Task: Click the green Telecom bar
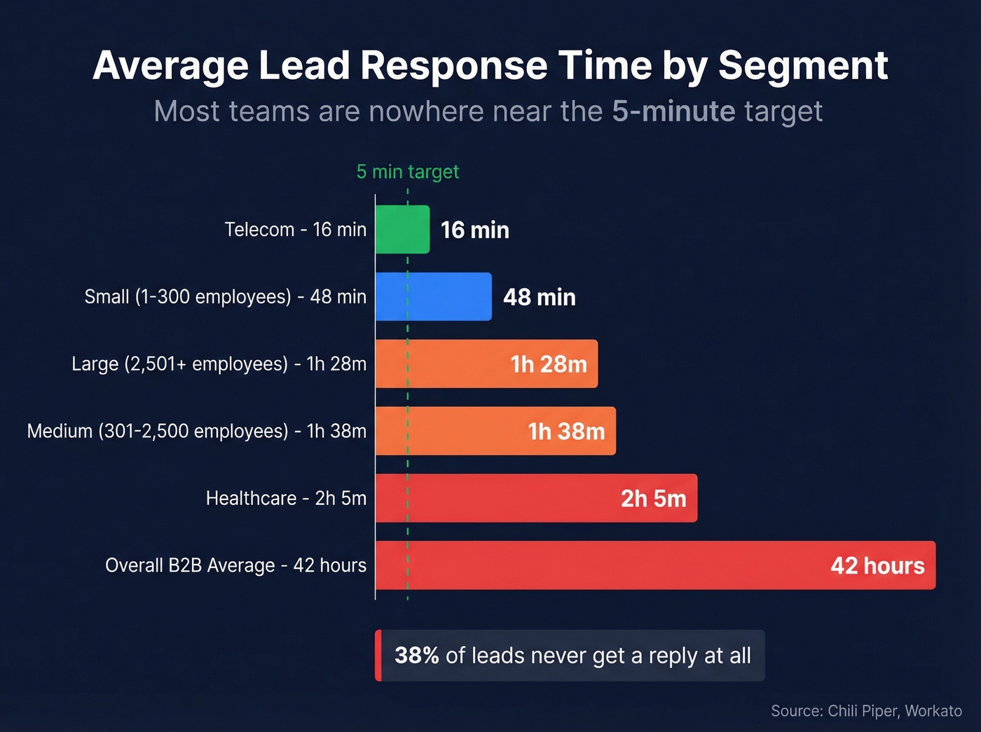tap(402, 230)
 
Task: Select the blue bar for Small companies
tap(433, 297)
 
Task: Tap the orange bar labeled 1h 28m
tap(448, 364)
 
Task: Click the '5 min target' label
tap(407, 172)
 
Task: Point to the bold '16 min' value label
tap(474, 230)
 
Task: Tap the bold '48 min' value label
tap(539, 297)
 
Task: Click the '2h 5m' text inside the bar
tap(653, 499)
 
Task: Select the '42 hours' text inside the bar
tap(877, 566)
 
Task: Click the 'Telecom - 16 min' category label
tap(295, 230)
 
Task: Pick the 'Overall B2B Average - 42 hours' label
tap(235, 565)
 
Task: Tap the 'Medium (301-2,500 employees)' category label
tap(196, 431)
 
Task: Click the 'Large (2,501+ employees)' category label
tap(219, 364)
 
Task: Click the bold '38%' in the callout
tap(416, 656)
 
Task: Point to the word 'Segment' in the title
tap(803, 65)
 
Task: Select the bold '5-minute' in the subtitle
tap(673, 111)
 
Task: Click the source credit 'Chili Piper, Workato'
tap(895, 711)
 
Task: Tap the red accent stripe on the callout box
tap(378, 656)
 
